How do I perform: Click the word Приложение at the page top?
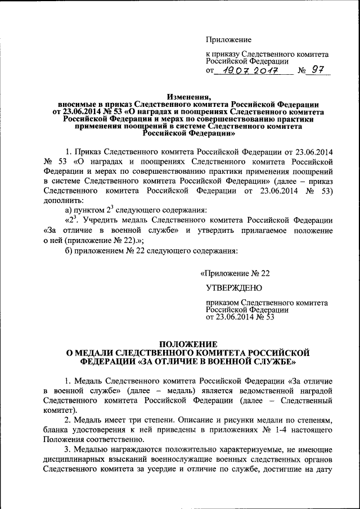coord(228,39)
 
